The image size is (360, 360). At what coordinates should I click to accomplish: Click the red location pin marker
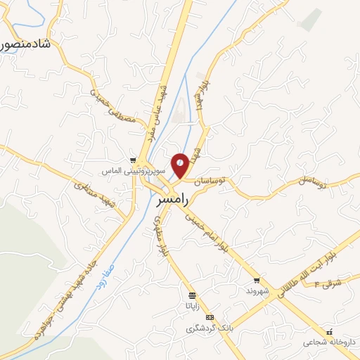(181, 165)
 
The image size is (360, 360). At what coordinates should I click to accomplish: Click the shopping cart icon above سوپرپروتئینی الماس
(134, 160)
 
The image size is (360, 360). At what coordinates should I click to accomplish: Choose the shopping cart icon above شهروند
(257, 280)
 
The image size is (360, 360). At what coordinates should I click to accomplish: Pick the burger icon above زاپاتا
(192, 296)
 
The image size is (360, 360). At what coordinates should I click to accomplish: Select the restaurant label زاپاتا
(192, 306)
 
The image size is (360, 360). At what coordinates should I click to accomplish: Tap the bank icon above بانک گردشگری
(209, 318)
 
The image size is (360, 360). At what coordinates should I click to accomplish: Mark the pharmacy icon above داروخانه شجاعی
(329, 331)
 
